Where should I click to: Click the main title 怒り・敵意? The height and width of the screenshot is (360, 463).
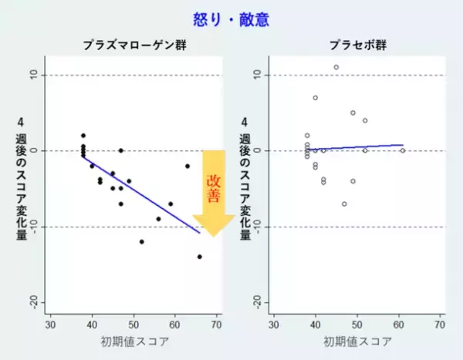(231, 19)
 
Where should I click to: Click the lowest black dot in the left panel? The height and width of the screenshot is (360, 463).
(200, 257)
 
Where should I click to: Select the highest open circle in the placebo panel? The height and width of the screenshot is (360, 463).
(336, 67)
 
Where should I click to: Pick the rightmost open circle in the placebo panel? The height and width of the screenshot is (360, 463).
(402, 150)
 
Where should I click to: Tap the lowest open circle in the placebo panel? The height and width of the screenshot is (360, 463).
(344, 204)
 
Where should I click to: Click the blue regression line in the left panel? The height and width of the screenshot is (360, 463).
(143, 194)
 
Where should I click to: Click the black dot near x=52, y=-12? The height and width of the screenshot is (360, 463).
(142, 241)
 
